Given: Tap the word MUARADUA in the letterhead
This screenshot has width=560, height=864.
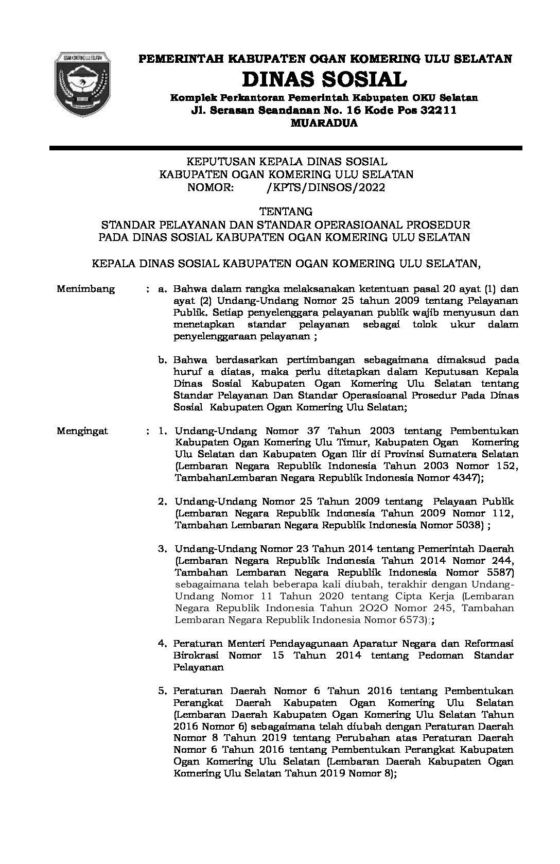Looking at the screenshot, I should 325,123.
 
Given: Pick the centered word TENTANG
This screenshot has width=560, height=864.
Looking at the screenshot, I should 286,211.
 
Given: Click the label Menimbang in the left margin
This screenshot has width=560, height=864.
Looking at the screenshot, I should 86,289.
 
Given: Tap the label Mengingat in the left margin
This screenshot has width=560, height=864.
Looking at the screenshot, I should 82,431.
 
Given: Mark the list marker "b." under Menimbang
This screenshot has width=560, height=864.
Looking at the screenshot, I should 163,359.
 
